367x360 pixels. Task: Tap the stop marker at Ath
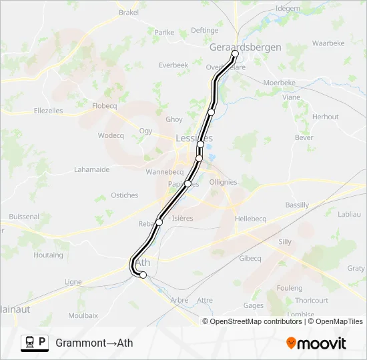click(143, 275)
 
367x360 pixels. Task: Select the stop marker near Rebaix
click(159, 222)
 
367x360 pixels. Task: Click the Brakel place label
click(128, 12)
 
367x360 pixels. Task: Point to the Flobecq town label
click(105, 105)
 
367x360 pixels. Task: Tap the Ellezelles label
click(48, 111)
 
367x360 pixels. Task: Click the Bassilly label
click(297, 205)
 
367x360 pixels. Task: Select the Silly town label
click(285, 242)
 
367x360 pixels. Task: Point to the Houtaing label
click(48, 255)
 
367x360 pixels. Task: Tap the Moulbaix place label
click(83, 315)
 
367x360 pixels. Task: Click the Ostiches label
click(125, 195)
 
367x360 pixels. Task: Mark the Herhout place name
click(326, 117)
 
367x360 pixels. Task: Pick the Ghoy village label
click(173, 119)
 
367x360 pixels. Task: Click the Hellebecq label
click(251, 219)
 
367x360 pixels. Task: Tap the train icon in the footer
click(29, 343)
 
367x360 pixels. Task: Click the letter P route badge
click(43, 343)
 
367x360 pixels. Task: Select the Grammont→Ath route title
click(94, 343)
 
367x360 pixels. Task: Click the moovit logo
click(316, 343)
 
